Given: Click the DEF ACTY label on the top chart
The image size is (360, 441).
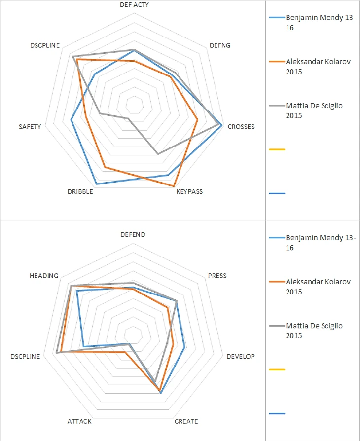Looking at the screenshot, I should (x=134, y=5).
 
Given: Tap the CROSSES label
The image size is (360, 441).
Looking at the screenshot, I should (x=241, y=127).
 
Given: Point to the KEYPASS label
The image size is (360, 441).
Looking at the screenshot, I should (x=189, y=191).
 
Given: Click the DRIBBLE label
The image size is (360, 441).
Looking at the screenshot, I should (x=80, y=191).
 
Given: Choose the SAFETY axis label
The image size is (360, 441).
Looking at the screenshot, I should (x=30, y=127).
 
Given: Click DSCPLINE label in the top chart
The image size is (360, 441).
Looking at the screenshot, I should (x=45, y=45).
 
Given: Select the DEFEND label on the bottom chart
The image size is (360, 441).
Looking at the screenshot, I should (x=133, y=235).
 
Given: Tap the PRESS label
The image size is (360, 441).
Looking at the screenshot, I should (x=217, y=275).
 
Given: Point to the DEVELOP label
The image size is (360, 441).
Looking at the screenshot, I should (x=241, y=356).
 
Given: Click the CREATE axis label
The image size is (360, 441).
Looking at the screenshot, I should (x=186, y=421).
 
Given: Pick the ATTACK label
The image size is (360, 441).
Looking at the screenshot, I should (x=79, y=421).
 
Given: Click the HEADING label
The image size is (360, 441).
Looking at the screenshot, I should (x=44, y=275).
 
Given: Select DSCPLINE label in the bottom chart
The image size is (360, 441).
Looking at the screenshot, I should (x=25, y=356).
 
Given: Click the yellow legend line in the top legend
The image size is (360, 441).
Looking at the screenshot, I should (x=277, y=149).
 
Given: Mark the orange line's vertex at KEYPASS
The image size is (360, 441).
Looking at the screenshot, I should (x=174, y=186).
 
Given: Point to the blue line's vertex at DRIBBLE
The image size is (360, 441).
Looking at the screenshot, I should (x=97, y=184).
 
